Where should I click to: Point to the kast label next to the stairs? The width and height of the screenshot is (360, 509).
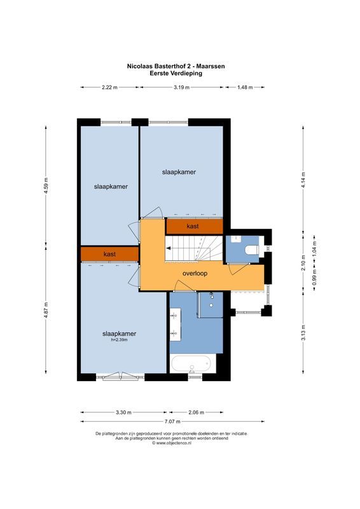pyautogui.click(x=193, y=226)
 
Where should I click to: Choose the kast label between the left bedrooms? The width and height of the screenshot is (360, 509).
pyautogui.click(x=109, y=254)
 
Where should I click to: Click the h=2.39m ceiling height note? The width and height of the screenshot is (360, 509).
pyautogui.click(x=120, y=340)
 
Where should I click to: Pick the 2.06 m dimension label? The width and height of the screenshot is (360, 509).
pyautogui.click(x=197, y=412)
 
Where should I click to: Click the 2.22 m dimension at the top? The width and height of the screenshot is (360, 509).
pyautogui.click(x=109, y=88)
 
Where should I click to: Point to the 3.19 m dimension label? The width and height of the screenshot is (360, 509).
pyautogui.click(x=181, y=88)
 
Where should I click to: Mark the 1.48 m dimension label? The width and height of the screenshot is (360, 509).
pyautogui.click(x=246, y=88)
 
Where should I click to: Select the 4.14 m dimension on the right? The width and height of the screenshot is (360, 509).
pyautogui.click(x=303, y=176)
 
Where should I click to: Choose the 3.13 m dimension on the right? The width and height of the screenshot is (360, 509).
pyautogui.click(x=303, y=333)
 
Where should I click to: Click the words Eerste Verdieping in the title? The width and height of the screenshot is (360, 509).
pyautogui.click(x=176, y=73)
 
